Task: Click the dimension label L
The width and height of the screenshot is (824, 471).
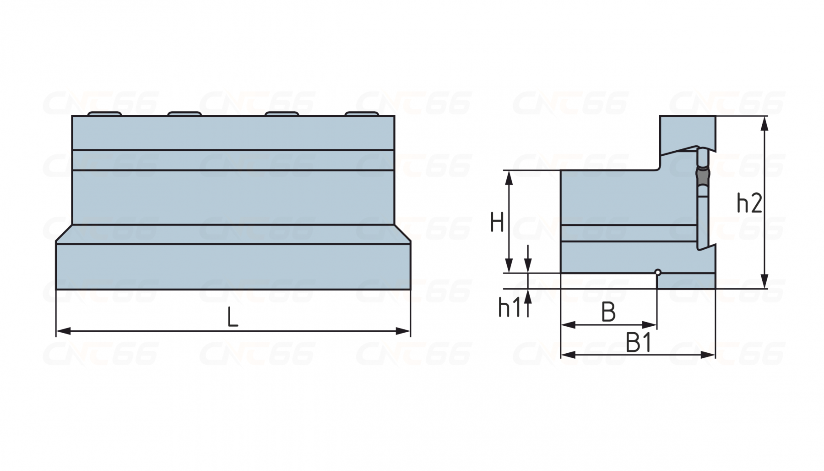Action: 233,317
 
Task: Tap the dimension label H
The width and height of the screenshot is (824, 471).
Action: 497,222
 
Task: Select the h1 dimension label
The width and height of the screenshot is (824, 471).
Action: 509,307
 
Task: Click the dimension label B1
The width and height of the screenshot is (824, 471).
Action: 639,343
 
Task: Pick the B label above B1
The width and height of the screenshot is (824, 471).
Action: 608,312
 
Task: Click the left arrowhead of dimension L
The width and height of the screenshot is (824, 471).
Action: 63,331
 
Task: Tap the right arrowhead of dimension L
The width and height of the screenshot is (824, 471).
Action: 403,331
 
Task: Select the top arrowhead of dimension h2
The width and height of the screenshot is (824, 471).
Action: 764,124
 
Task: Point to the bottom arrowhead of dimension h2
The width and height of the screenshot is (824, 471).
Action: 764,281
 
